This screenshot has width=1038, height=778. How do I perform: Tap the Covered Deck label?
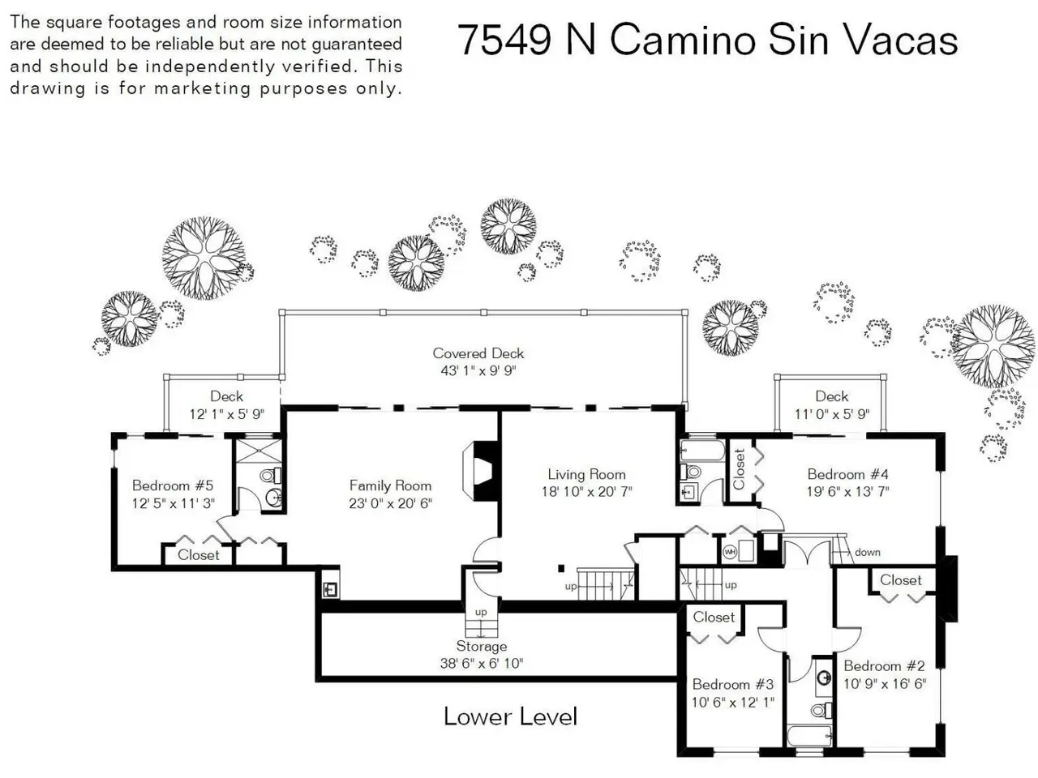(x=478, y=353)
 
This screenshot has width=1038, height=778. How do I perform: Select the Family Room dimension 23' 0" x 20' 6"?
(x=391, y=503)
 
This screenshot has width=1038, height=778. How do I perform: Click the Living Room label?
(x=586, y=474)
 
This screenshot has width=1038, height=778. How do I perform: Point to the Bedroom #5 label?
(x=173, y=485)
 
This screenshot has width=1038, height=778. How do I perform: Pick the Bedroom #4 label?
(x=848, y=474)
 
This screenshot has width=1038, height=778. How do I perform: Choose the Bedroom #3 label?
(x=733, y=684)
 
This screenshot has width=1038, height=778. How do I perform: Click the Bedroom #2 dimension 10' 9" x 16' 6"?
(x=885, y=683)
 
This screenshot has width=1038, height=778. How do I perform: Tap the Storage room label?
(x=482, y=646)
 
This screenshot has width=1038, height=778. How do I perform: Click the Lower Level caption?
(x=511, y=716)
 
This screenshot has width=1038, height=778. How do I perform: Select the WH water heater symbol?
(x=730, y=552)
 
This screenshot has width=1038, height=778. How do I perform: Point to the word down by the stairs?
(x=867, y=552)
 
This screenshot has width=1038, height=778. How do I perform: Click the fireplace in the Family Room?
(x=478, y=471)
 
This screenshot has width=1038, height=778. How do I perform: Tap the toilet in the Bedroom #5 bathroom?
(x=271, y=475)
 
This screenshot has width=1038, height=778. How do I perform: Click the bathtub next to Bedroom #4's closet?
(x=702, y=451)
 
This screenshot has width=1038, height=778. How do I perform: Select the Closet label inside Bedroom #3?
(x=714, y=617)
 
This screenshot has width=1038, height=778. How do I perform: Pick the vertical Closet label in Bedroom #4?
(x=739, y=468)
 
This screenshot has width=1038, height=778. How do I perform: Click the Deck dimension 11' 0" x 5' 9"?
(x=832, y=414)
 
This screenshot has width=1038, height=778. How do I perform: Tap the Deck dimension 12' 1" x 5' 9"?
(x=227, y=414)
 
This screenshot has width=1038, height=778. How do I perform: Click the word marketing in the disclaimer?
(x=203, y=88)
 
